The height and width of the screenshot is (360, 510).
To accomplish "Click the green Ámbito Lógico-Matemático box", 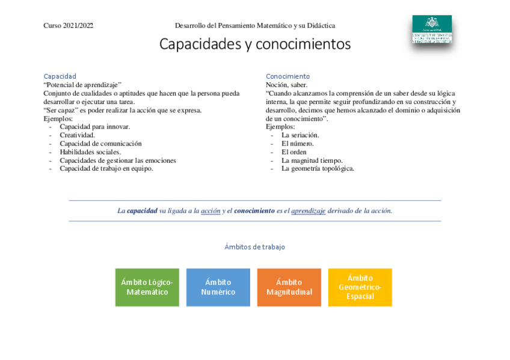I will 147,287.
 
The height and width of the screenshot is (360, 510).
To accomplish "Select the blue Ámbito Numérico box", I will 218,287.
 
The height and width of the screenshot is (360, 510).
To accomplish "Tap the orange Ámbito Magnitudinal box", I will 289,287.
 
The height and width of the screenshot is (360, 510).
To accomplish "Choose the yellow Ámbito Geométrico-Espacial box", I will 360,287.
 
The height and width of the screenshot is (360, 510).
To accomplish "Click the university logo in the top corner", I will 431,29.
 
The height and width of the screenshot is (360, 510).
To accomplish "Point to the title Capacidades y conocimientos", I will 254,44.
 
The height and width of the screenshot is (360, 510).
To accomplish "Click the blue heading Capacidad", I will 60,76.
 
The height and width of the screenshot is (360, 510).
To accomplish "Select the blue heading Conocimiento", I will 287,76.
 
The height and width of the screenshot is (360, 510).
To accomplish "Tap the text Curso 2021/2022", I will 68,26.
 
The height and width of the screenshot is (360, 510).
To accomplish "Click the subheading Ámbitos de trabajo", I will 254,247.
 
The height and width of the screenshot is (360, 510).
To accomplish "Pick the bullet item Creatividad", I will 77,135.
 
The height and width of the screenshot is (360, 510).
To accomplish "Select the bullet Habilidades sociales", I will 90,152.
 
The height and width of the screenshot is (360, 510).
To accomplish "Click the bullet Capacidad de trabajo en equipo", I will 106,169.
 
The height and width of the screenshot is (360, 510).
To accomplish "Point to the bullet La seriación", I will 300,135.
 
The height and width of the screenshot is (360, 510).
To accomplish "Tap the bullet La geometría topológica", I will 318,169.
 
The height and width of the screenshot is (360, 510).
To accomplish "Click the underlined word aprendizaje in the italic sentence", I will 308,211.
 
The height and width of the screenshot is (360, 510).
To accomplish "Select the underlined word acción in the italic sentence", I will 210,211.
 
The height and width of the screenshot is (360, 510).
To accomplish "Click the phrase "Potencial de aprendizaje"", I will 82,85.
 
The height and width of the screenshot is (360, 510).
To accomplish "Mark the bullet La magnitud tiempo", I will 312,160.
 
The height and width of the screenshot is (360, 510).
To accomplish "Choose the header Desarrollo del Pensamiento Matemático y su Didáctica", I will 254,26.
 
